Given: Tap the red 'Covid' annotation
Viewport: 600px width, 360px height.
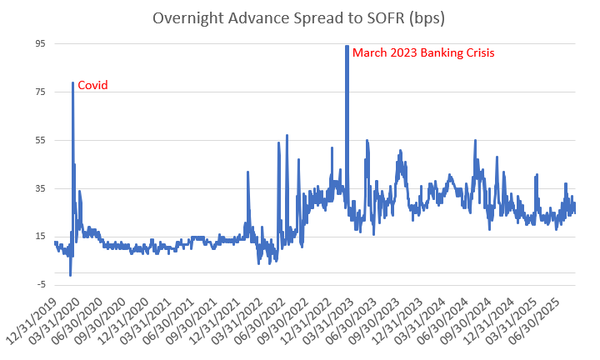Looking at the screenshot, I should pos(92,85).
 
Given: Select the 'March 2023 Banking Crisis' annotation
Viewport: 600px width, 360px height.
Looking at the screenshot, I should pos(423,52).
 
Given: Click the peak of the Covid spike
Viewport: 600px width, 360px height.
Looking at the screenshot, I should pos(72,82).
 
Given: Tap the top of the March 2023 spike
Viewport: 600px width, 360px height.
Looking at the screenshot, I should pos(347,46).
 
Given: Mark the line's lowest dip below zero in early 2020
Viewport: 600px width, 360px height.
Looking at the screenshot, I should pos(70,275).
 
